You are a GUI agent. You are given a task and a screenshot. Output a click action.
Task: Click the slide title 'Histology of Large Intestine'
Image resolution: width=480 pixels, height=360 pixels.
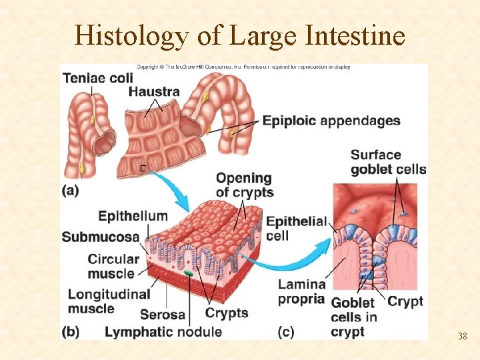240,35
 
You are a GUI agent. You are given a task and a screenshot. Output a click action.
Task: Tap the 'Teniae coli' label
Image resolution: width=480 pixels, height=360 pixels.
98,78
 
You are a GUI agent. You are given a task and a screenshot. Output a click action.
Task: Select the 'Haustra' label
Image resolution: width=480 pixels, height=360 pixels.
153,91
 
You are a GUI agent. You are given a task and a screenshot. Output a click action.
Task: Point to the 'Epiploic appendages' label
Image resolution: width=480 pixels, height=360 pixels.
331,121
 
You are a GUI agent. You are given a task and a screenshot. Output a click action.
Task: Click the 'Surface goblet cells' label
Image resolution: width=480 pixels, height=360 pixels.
387,162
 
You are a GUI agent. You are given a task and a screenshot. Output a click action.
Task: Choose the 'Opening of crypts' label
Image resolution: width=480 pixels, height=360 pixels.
245,185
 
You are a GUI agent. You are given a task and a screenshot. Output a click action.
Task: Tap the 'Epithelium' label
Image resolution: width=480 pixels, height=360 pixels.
133,216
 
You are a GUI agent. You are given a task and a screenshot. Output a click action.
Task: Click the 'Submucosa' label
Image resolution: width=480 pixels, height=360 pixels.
101,237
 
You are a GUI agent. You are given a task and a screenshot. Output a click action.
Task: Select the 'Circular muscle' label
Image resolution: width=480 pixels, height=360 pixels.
113,265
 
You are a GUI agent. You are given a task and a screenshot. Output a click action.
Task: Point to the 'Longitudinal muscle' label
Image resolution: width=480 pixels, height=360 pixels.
109,301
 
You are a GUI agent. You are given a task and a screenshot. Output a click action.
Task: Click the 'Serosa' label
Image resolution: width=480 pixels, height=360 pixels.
162,313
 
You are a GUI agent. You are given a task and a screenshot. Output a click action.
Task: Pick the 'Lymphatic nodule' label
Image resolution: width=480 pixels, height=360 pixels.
163,331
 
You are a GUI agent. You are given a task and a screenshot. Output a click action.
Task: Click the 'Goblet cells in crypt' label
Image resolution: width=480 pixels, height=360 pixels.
354,317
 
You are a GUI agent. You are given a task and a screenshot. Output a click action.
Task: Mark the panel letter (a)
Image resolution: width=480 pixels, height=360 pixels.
71,190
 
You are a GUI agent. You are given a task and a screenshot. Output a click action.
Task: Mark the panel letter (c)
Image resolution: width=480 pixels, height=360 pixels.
288,331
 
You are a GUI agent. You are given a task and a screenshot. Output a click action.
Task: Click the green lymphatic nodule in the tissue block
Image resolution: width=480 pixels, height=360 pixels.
189,273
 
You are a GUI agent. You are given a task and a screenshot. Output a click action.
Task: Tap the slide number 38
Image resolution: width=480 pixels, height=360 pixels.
462,336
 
